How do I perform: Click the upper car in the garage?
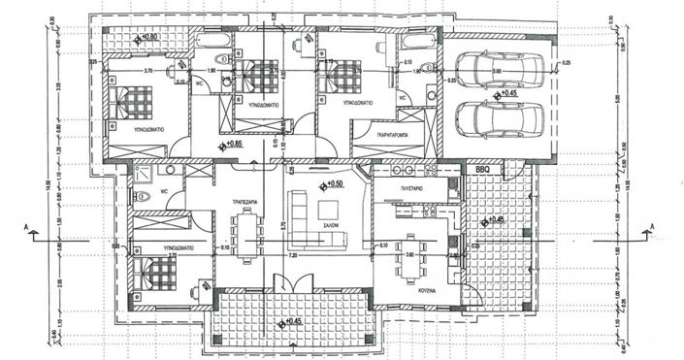pyautogui.click(x=491, y=71)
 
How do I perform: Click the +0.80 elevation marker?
pyautogui.click(x=147, y=37)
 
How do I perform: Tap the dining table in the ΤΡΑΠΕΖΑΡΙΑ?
pyautogui.click(x=246, y=235)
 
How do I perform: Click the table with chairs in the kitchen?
pyautogui.click(x=413, y=253)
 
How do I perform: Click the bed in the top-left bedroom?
pyautogui.click(x=132, y=102)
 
